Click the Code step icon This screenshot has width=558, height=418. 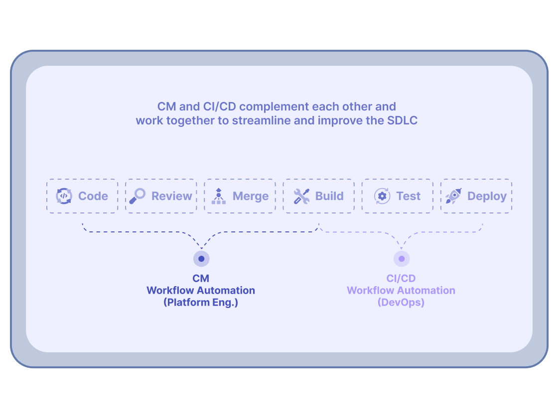point(64,196)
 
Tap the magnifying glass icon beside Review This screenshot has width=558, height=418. point(137,196)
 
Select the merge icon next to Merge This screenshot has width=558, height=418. point(218,196)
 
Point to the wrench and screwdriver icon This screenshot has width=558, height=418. point(301,196)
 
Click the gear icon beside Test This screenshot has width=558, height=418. point(382,196)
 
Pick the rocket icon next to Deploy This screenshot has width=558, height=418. point(453,196)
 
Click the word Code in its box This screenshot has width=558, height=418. point(93,196)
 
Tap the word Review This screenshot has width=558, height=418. point(172,196)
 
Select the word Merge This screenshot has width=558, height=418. point(251,196)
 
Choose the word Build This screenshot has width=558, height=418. point(329,196)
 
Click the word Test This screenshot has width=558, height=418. point(409,196)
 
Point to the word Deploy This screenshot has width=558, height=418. point(487,196)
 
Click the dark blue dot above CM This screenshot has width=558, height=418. point(201,259)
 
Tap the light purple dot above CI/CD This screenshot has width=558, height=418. point(402,259)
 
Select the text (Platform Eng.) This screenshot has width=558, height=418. point(201,302)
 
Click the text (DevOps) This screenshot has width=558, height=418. point(401,302)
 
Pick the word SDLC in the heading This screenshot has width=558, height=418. point(402,120)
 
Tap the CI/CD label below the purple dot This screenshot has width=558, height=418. point(401,279)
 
